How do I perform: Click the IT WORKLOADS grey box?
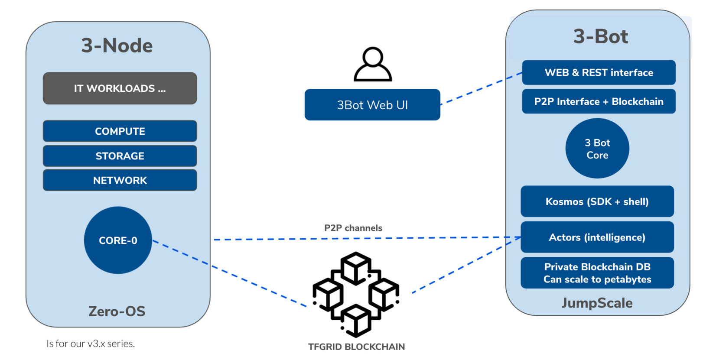[120, 88]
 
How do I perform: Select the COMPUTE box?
[120, 131]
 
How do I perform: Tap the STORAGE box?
[120, 156]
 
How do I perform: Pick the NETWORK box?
[120, 180]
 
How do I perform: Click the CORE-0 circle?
[118, 240]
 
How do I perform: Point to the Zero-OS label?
[117, 311]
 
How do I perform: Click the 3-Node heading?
[117, 45]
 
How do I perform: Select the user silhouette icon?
[373, 65]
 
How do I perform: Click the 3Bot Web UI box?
[372, 105]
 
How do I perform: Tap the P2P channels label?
[353, 228]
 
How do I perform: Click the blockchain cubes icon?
[356, 294]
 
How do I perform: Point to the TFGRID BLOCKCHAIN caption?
[356, 347]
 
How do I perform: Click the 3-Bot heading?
[601, 36]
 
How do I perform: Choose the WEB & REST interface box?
[599, 72]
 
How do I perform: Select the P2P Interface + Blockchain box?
[599, 101]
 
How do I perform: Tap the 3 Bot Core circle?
[597, 149]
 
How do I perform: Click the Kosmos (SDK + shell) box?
[597, 201]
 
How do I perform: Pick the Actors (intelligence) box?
[597, 237]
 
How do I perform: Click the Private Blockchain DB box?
[597, 273]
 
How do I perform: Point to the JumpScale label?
[597, 303]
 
